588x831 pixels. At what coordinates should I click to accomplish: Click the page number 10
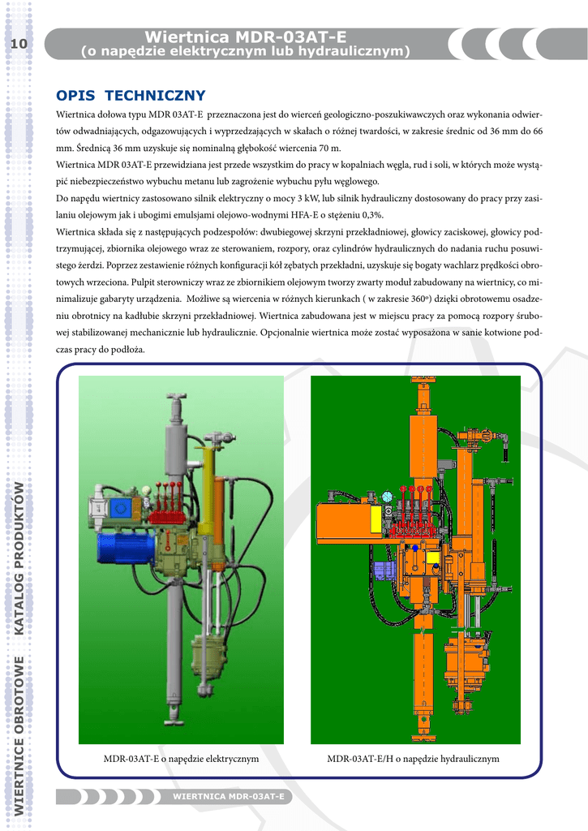tap(19, 44)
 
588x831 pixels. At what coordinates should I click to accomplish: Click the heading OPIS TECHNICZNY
tap(131, 96)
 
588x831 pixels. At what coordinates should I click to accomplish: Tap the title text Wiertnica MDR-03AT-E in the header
tap(245, 37)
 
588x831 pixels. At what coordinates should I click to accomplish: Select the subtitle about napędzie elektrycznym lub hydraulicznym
tap(245, 51)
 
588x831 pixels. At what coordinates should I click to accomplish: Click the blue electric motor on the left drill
tap(125, 548)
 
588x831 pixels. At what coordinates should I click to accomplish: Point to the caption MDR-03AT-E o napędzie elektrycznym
tap(181, 759)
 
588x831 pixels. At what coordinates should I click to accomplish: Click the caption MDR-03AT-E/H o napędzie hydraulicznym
tap(413, 759)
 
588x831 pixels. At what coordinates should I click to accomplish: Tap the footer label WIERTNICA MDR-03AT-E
tap(229, 797)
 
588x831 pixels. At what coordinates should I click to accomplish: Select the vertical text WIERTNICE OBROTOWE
tap(19, 736)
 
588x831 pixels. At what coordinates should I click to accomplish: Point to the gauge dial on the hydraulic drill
tap(387, 497)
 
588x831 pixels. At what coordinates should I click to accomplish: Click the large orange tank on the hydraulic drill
tap(343, 521)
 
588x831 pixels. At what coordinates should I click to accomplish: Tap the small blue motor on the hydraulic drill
tap(384, 571)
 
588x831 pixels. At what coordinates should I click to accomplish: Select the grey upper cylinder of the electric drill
tap(177, 446)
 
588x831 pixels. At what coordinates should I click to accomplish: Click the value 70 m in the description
tap(329, 148)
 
